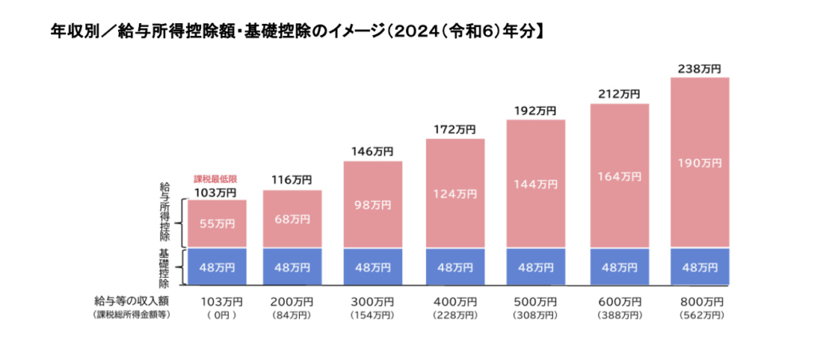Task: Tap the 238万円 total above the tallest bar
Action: (x=700, y=69)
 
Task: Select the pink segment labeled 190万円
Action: (x=700, y=163)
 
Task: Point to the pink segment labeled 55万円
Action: (x=217, y=224)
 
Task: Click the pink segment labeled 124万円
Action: (x=455, y=194)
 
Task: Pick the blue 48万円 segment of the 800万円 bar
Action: (x=700, y=267)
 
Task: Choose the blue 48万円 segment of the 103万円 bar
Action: (x=217, y=267)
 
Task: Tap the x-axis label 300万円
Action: (x=373, y=302)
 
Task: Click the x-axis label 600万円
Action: (x=619, y=302)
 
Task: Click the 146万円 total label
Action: (x=373, y=151)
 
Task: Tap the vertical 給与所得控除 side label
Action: (x=165, y=212)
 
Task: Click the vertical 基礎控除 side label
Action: (x=165, y=267)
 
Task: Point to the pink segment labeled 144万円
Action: (x=536, y=184)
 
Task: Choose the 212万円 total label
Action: (x=619, y=94)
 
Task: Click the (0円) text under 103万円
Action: (x=217, y=315)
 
